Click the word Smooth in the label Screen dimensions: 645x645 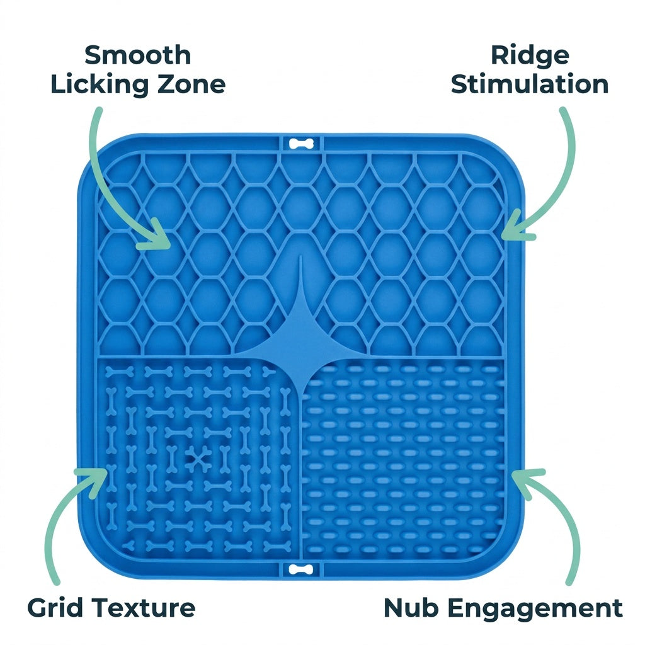click(x=138, y=55)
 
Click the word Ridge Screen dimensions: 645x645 click(x=530, y=56)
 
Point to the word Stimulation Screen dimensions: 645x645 click(x=530, y=84)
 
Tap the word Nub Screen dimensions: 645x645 click(x=411, y=608)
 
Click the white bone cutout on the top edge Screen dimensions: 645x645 click(x=301, y=144)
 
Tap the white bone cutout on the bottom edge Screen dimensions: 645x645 click(x=301, y=569)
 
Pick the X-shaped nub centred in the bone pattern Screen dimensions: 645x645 click(x=198, y=458)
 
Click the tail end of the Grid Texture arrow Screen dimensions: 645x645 click(x=56, y=581)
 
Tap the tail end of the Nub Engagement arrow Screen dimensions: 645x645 click(x=569, y=581)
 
